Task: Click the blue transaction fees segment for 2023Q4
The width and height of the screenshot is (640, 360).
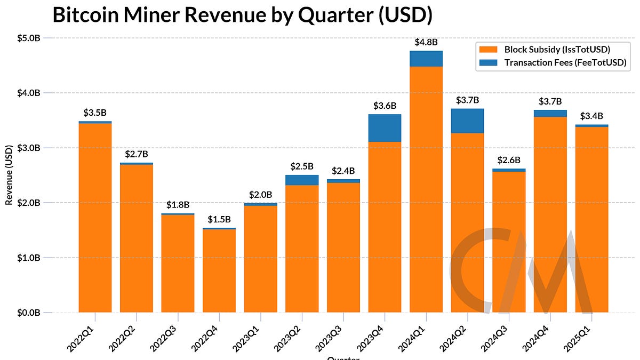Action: coord(385,128)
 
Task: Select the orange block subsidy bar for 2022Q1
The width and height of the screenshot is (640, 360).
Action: coord(95,219)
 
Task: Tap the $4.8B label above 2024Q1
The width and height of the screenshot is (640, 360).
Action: coord(426,42)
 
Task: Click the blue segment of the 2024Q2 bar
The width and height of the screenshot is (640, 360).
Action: coord(467,121)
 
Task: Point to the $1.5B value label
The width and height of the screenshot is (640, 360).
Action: coord(219,219)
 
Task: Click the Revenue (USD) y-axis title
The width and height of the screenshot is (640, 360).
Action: coord(9,175)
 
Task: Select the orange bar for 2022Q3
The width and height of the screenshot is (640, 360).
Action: coord(178,264)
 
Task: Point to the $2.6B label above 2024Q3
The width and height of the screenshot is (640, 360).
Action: coord(509,160)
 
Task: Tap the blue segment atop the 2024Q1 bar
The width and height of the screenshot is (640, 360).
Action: coord(426,59)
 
